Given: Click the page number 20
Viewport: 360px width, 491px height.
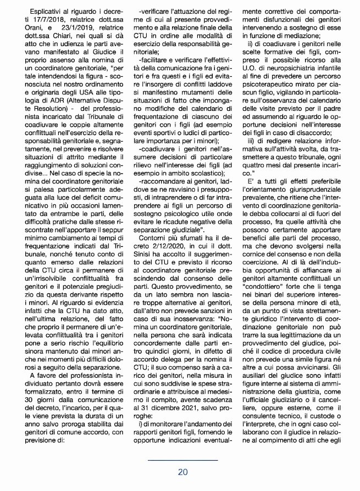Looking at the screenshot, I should pos(184,472).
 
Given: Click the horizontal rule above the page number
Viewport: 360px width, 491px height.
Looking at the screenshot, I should pos(183,460).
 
